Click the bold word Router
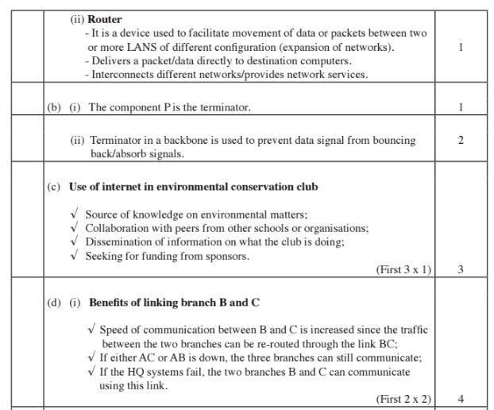pyautogui.click(x=105, y=18)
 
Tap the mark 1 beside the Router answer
pyautogui.click(x=461, y=48)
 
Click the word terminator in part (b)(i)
pyautogui.click(x=225, y=106)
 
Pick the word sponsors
pyautogui.click(x=227, y=256)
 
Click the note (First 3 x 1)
pyautogui.click(x=403, y=269)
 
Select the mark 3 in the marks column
pyautogui.click(x=461, y=269)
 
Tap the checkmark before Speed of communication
pyautogui.click(x=93, y=329)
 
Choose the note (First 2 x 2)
pyautogui.click(x=403, y=399)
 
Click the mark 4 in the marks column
pyautogui.click(x=461, y=399)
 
